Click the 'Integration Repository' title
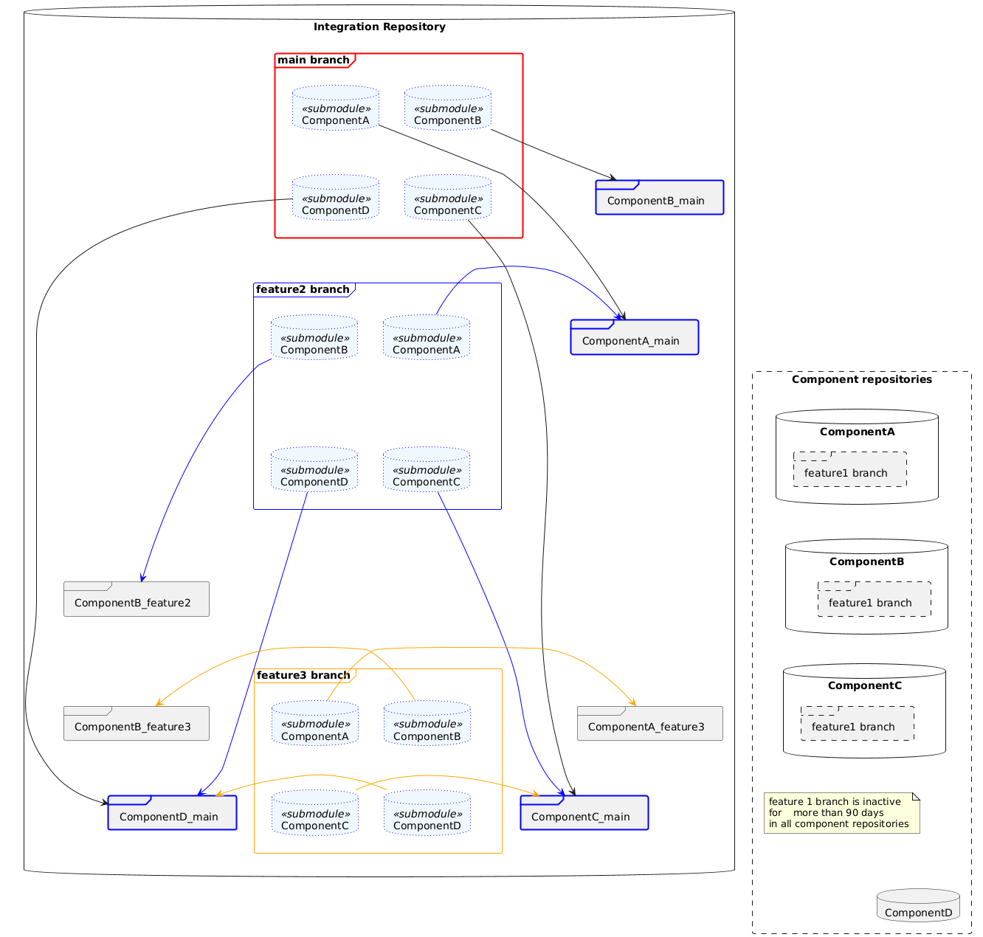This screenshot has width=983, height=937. click(379, 27)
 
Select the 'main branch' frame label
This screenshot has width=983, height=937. click(313, 60)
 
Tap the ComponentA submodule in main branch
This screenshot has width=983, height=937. click(336, 108)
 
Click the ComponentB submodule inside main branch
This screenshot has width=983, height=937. click(447, 108)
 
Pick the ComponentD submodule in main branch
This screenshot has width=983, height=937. click(336, 198)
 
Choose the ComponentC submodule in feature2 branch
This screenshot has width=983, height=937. click(426, 469)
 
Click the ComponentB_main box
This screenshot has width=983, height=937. click(659, 197)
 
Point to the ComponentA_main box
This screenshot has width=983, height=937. click(634, 337)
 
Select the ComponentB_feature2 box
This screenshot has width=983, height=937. click(136, 598)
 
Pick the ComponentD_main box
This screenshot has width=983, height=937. click(172, 812)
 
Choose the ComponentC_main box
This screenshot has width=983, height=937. click(584, 812)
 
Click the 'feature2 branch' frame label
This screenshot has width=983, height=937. click(303, 289)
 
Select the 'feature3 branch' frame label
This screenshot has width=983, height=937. click(303, 675)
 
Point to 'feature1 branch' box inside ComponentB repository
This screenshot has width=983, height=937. click(874, 598)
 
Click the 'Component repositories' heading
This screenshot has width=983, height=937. click(861, 379)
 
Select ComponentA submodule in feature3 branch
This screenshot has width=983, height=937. click(315, 723)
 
